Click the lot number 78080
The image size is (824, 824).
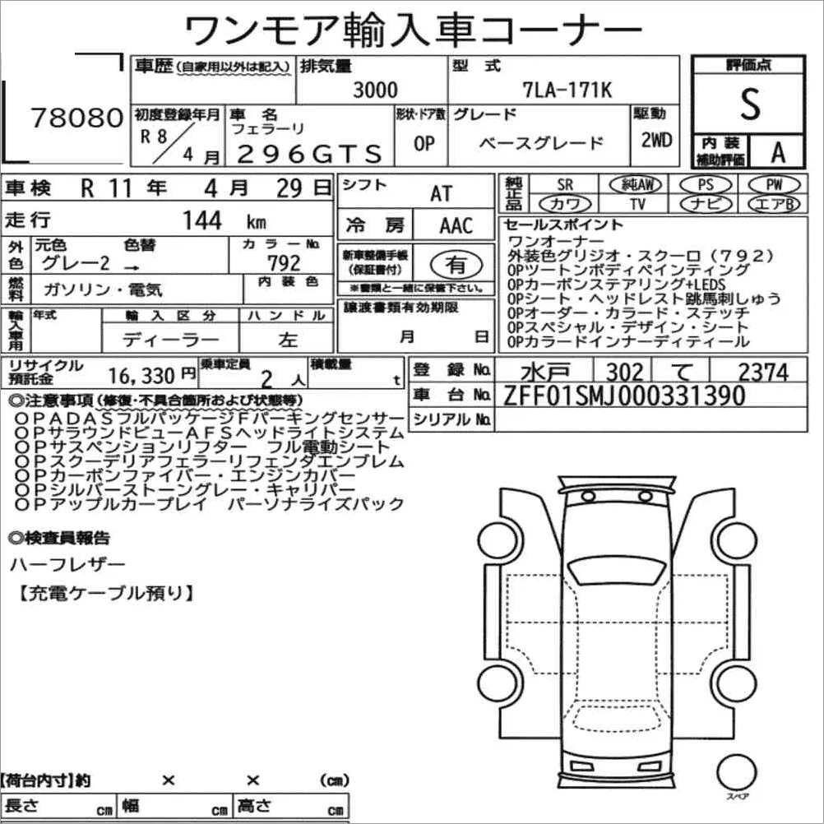77,118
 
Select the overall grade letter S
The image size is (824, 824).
750,104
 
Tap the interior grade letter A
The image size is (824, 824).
778,152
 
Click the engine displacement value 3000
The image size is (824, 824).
375,90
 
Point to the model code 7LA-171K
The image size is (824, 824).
567,90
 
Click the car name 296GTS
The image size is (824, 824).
309,154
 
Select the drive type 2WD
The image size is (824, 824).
656,141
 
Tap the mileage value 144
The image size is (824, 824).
201,220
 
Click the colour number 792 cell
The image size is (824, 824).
284,262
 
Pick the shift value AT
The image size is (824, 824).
441,193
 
